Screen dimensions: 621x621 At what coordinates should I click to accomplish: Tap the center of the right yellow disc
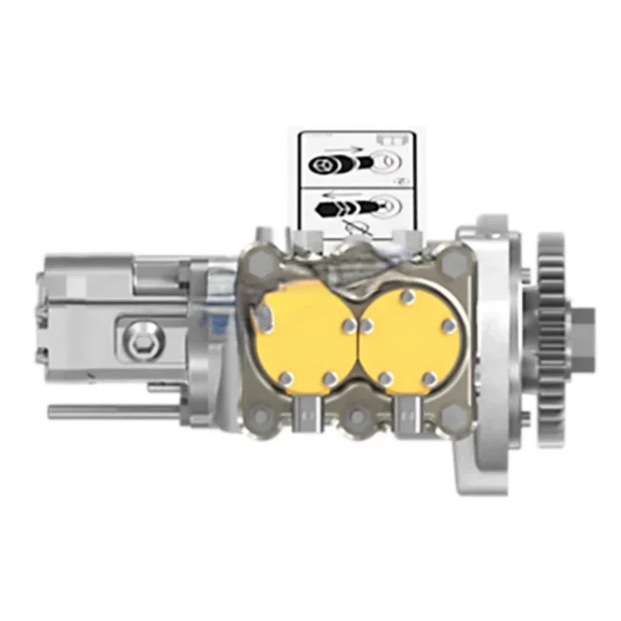404,334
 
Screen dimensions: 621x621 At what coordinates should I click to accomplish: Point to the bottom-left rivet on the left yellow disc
284,378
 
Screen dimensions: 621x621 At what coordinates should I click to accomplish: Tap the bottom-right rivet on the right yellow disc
428,378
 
